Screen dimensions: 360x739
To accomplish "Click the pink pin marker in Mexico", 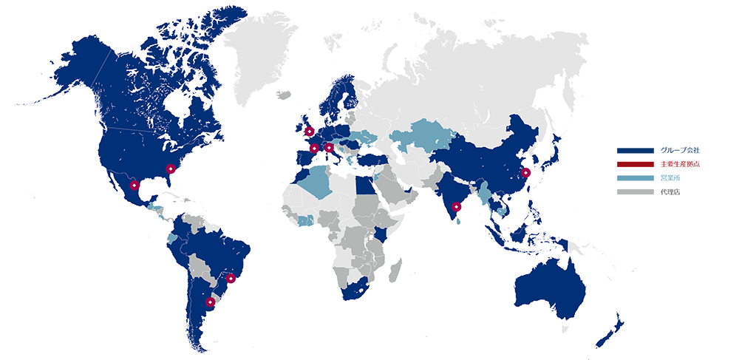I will click(x=134, y=186).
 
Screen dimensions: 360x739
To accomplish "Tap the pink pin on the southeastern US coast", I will click(x=171, y=169).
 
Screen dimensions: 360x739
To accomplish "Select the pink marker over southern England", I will click(x=308, y=132).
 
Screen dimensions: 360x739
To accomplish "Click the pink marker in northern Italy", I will click(x=329, y=148).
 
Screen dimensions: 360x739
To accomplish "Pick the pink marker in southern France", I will click(x=314, y=148).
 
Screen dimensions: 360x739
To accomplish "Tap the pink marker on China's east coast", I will click(x=525, y=172).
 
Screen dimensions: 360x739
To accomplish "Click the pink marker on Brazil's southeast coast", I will click(x=232, y=281).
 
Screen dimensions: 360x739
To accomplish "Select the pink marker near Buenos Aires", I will click(x=210, y=302).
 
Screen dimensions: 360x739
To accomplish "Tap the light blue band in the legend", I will click(x=636, y=178).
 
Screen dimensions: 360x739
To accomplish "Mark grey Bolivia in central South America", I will click(x=198, y=265).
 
